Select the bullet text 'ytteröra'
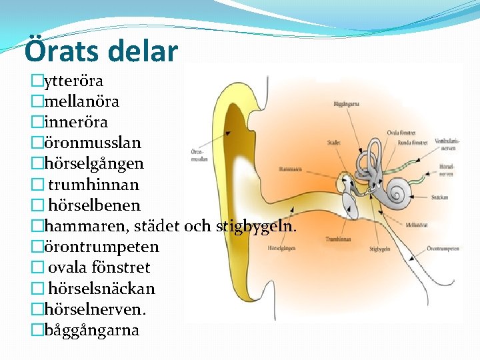tap(73, 81)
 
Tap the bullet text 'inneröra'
tap(75, 123)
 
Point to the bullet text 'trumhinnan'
tap(93, 185)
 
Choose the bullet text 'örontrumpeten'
tap(101, 247)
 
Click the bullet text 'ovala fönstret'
tap(99, 267)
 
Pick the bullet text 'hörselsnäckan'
tap(101, 289)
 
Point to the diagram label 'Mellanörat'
tap(416, 225)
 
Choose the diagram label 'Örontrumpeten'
tap(443, 249)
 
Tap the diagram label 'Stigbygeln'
tap(379, 249)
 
